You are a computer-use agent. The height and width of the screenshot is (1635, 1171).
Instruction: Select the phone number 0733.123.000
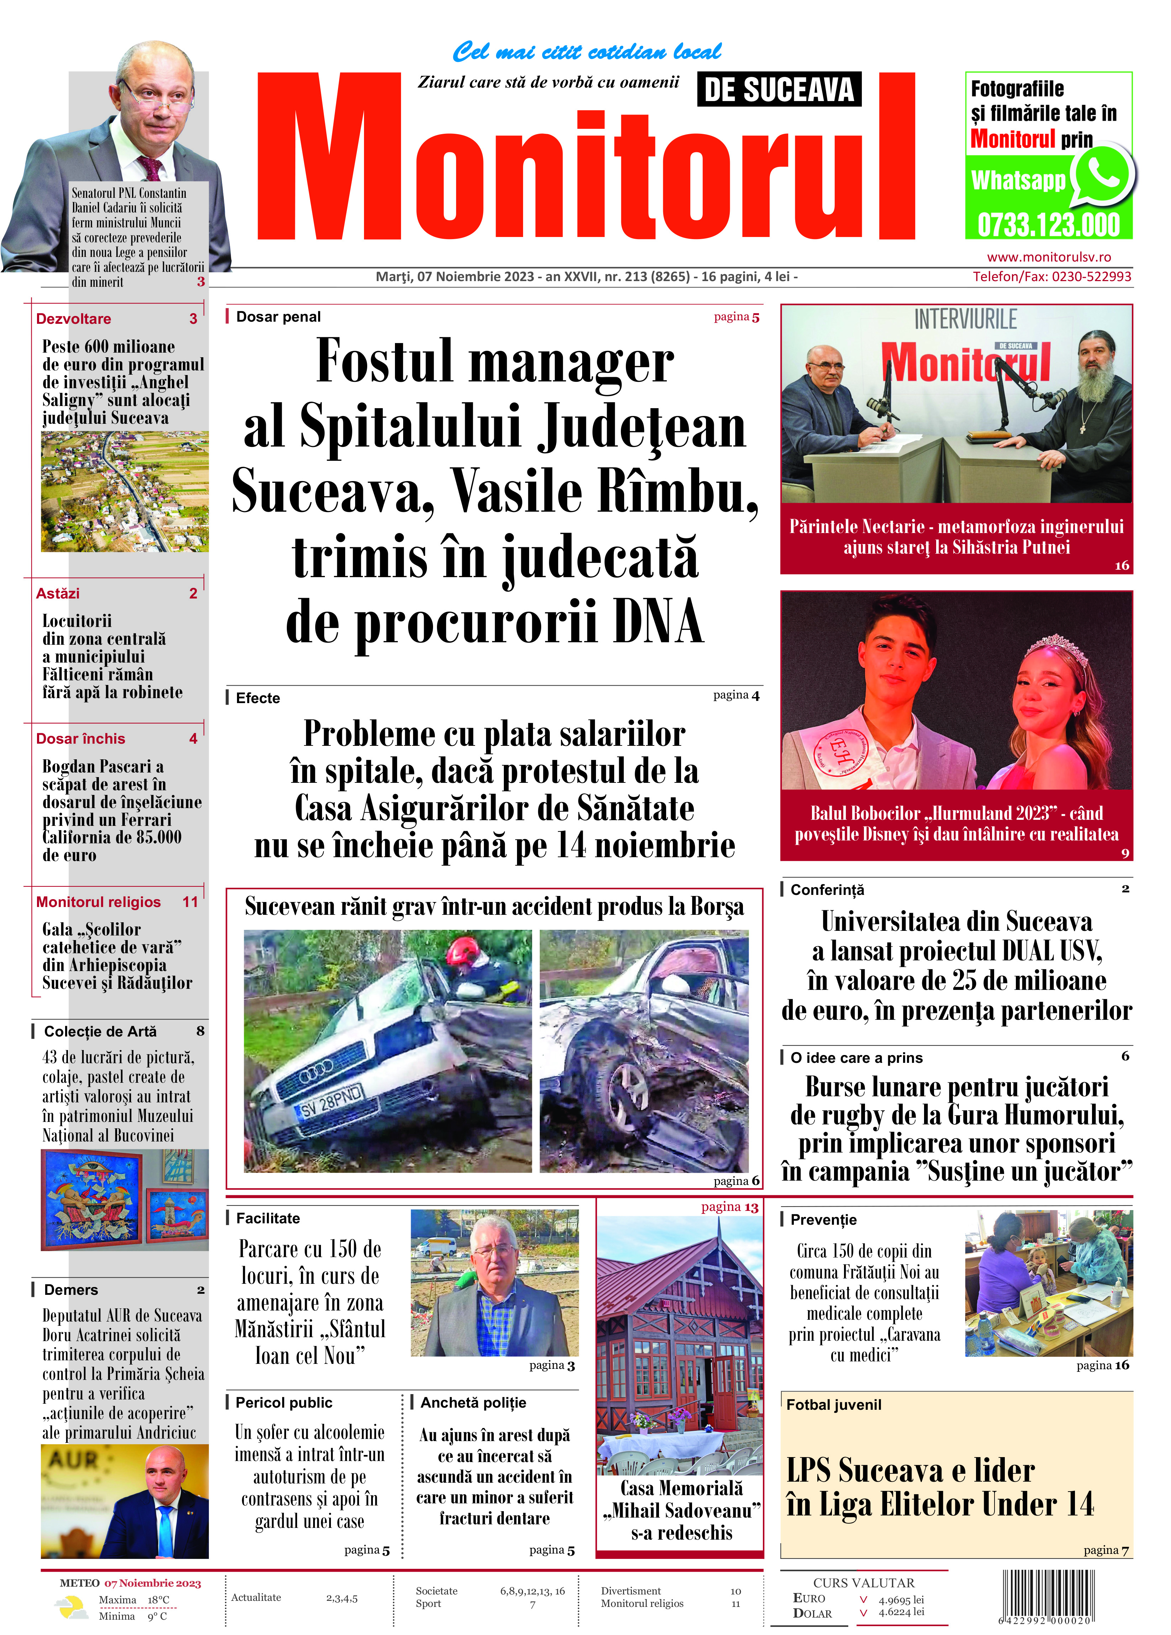point(1048,225)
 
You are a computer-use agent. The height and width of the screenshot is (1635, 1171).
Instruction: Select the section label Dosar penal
point(278,316)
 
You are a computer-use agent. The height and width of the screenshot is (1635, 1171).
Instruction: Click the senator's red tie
point(152,167)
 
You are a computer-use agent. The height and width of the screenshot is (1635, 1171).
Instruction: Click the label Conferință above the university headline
point(827,890)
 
